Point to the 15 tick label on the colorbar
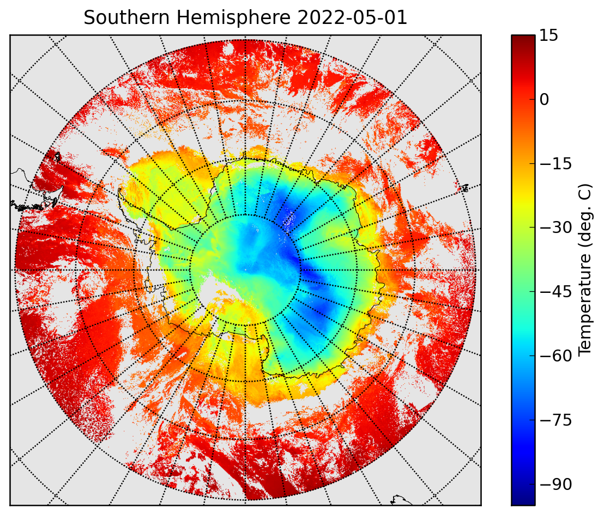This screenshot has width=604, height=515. click(548, 35)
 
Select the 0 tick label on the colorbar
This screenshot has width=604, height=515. click(544, 100)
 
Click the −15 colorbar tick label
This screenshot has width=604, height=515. click(555, 164)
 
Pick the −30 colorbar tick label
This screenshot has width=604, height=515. click(555, 228)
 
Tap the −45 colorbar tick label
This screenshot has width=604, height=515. click(555, 292)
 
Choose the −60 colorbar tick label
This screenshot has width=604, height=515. click(555, 356)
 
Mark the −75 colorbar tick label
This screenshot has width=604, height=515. click(555, 420)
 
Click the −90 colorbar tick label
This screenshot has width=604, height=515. click(555, 484)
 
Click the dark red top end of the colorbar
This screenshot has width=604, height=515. click(523, 39)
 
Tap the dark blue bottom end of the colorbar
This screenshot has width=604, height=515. click(523, 499)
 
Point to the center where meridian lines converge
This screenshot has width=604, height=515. click(245, 270)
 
